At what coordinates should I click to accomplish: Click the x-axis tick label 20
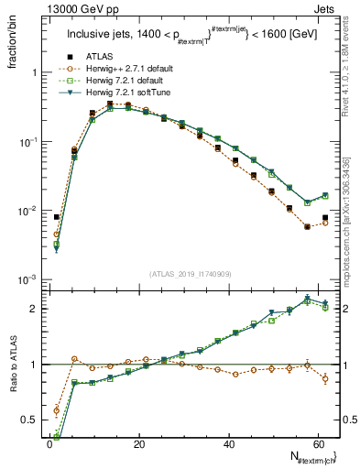pos(138,444)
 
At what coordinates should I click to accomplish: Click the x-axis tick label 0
pos(49,444)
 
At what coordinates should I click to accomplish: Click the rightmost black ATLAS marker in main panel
pos(325,217)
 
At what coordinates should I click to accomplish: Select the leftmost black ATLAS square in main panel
pos(57,217)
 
